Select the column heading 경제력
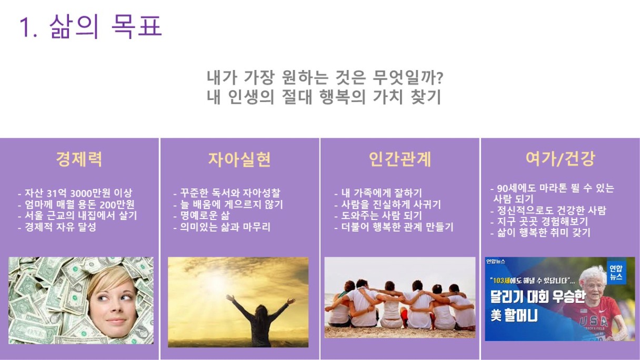pos(79,159)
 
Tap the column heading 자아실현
pos(239,159)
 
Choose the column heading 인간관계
pos(399,159)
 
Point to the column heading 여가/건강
pos(561,158)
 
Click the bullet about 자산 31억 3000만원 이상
pos(75,193)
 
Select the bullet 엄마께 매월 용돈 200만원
pos(76,205)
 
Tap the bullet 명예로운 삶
pos(202,216)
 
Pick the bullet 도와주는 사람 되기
pos(378,216)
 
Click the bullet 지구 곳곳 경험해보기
pos(539,222)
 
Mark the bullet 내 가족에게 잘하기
pos(378,193)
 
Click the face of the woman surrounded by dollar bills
pos(113,302)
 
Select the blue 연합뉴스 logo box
pos(616,272)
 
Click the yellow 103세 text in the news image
pos(502,281)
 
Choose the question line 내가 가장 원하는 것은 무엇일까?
pos(325,77)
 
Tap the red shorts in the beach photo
pos(404,318)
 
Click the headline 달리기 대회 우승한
pos(538,297)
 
